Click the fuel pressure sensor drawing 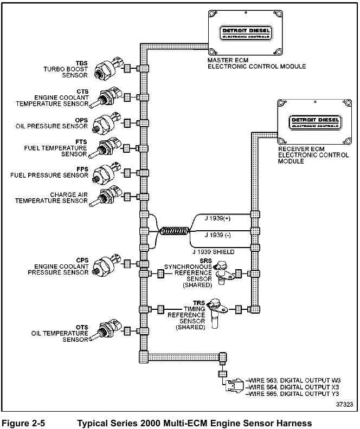[x=105, y=173]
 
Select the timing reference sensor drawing [x=217, y=310]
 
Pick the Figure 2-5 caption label [x=23, y=422]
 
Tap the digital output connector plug [x=234, y=387]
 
